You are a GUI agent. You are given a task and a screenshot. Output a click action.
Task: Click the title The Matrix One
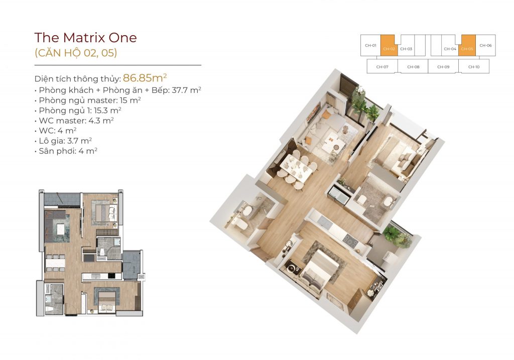pos(85,37)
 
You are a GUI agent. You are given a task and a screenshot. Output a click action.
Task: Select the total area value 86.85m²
pos(145,78)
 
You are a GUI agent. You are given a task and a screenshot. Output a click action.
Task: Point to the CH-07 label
pos(382,67)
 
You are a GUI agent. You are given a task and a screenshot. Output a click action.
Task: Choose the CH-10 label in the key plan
pos(474,67)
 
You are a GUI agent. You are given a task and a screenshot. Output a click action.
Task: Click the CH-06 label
pos(485,46)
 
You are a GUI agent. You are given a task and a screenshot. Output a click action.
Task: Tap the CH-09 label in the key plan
pos(443,67)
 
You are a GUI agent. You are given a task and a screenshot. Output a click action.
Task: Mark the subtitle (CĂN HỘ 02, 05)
pos(76,53)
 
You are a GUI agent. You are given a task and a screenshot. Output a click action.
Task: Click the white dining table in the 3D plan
pos(296,168)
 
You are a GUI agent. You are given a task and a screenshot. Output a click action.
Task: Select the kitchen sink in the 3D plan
pos(339,195)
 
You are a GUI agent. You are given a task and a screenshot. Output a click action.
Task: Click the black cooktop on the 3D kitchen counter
pos(350,241)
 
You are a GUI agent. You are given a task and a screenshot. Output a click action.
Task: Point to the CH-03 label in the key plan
pos(406,49)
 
